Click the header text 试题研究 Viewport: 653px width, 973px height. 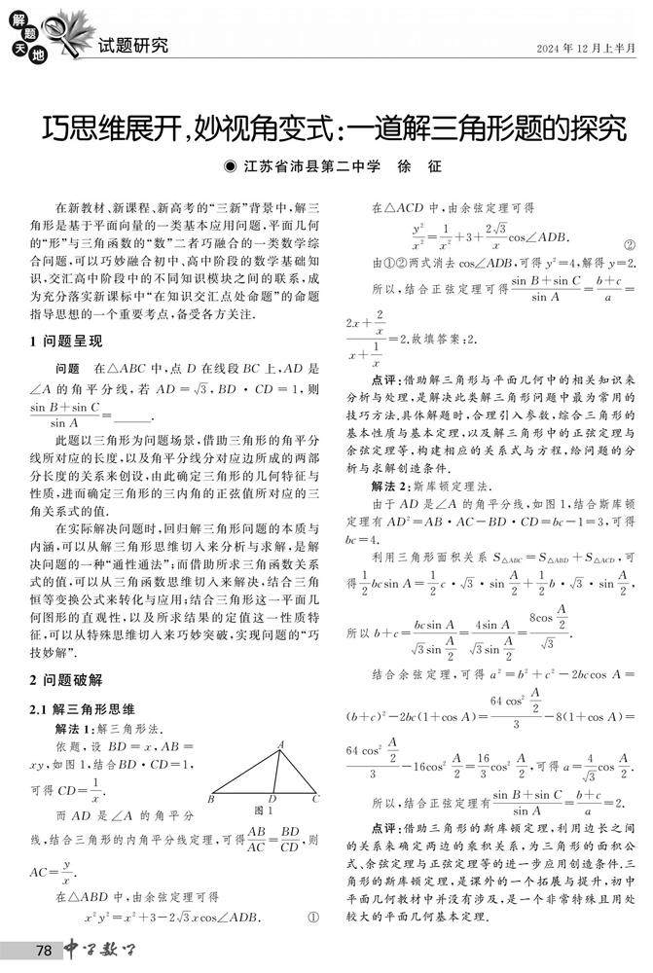[x=133, y=45]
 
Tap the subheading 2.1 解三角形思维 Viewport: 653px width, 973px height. [x=81, y=709]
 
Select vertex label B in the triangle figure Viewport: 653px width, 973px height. [x=210, y=799]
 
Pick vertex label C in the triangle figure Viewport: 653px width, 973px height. [x=315, y=799]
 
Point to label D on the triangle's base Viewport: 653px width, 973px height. [x=272, y=799]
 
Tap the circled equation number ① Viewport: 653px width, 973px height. [x=313, y=917]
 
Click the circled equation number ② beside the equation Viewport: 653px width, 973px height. [x=629, y=244]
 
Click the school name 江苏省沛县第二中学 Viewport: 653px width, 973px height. [x=312, y=166]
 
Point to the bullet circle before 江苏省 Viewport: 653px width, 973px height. [x=230, y=166]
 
